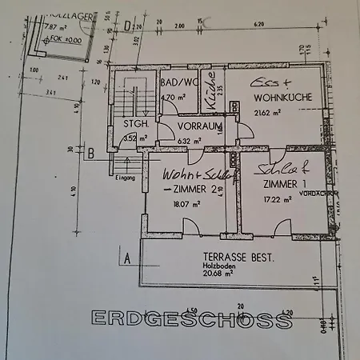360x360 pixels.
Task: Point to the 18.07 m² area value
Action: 184,204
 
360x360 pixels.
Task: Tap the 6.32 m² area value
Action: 190,141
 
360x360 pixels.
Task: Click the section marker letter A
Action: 126,258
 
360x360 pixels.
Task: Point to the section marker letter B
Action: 91,152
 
